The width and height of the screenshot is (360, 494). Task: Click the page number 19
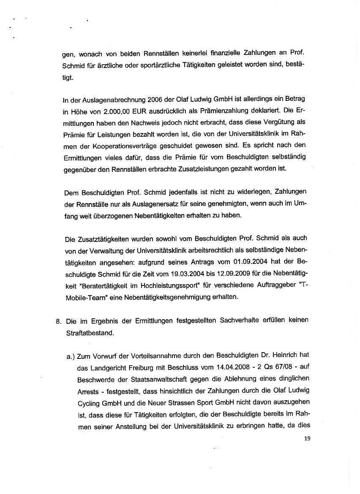pos(307,439)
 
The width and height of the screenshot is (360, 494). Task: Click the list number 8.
pos(58,320)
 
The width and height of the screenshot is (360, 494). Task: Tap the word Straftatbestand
pos(90,333)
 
